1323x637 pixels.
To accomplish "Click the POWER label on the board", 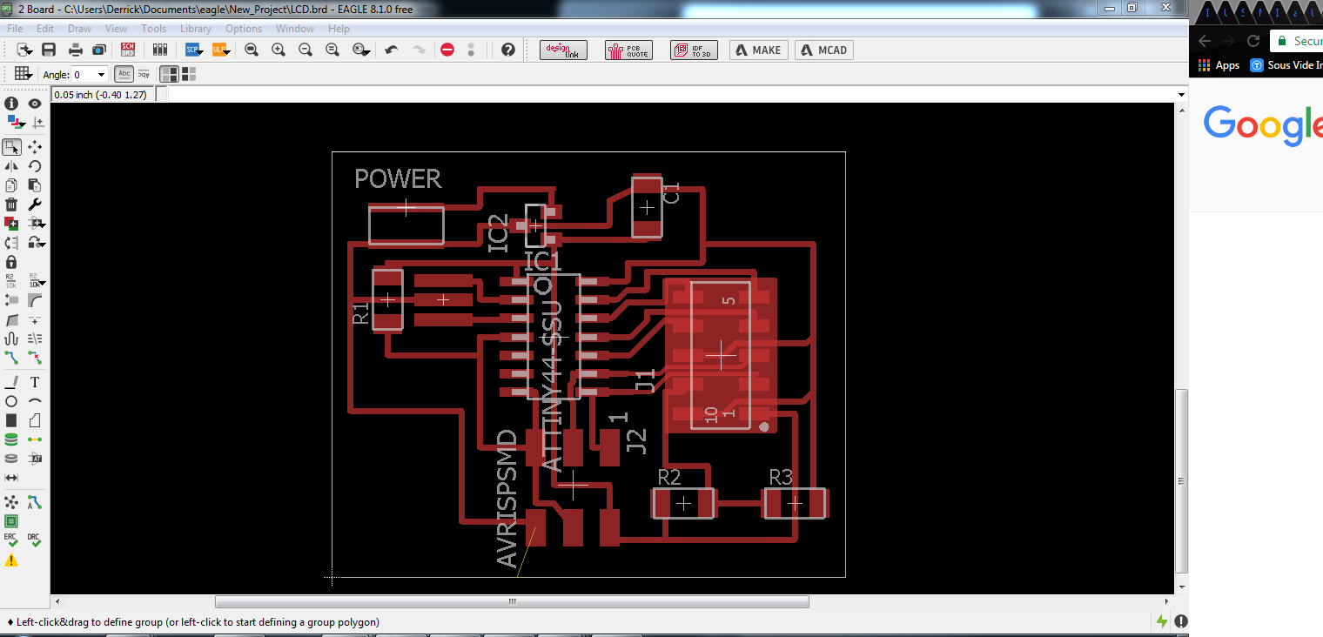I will click(398, 179).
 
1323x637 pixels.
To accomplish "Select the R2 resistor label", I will click(669, 477).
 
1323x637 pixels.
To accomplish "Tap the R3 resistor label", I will click(781, 477).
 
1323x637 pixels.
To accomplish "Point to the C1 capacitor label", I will click(672, 192).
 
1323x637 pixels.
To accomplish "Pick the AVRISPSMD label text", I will click(507, 499).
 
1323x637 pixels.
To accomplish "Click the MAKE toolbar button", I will click(758, 50).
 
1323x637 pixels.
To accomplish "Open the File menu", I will click(15, 29).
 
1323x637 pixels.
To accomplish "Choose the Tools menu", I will click(153, 29).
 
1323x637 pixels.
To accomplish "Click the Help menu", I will click(339, 29).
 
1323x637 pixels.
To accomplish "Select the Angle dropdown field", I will click(89, 75).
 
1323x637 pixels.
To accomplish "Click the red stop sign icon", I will click(447, 50).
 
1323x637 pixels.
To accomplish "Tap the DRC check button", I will click(34, 540).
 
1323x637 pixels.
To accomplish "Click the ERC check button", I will click(11, 540).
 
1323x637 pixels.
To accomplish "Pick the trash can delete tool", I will click(11, 205).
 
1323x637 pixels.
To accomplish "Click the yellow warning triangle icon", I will click(11, 560).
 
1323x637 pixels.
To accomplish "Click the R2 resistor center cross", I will click(684, 503).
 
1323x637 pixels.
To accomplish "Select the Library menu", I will click(195, 29).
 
